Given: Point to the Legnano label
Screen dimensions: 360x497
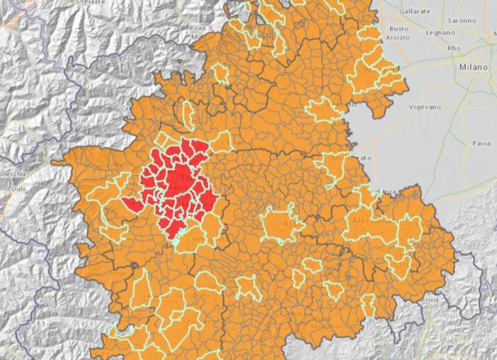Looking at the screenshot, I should tap(440, 33).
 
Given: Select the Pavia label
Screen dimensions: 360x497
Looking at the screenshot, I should tap(481, 142).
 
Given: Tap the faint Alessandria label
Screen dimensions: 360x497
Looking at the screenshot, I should tap(369, 219).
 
